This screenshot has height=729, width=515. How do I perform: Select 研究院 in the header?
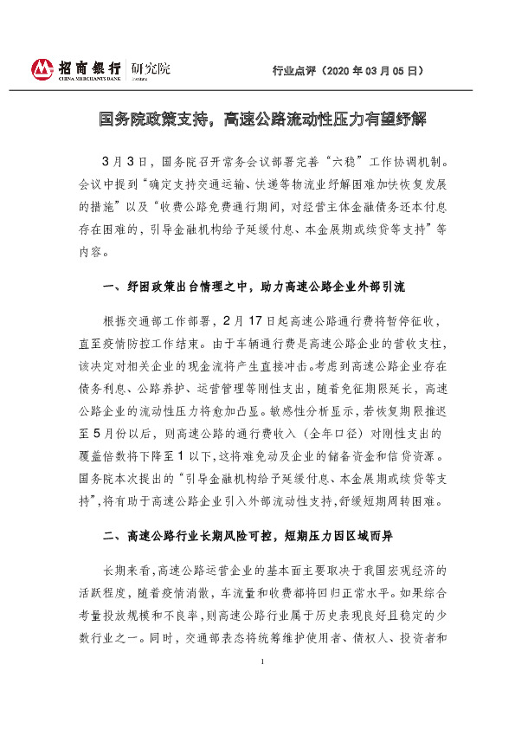(x=151, y=68)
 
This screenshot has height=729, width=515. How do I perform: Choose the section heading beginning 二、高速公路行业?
(x=247, y=536)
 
